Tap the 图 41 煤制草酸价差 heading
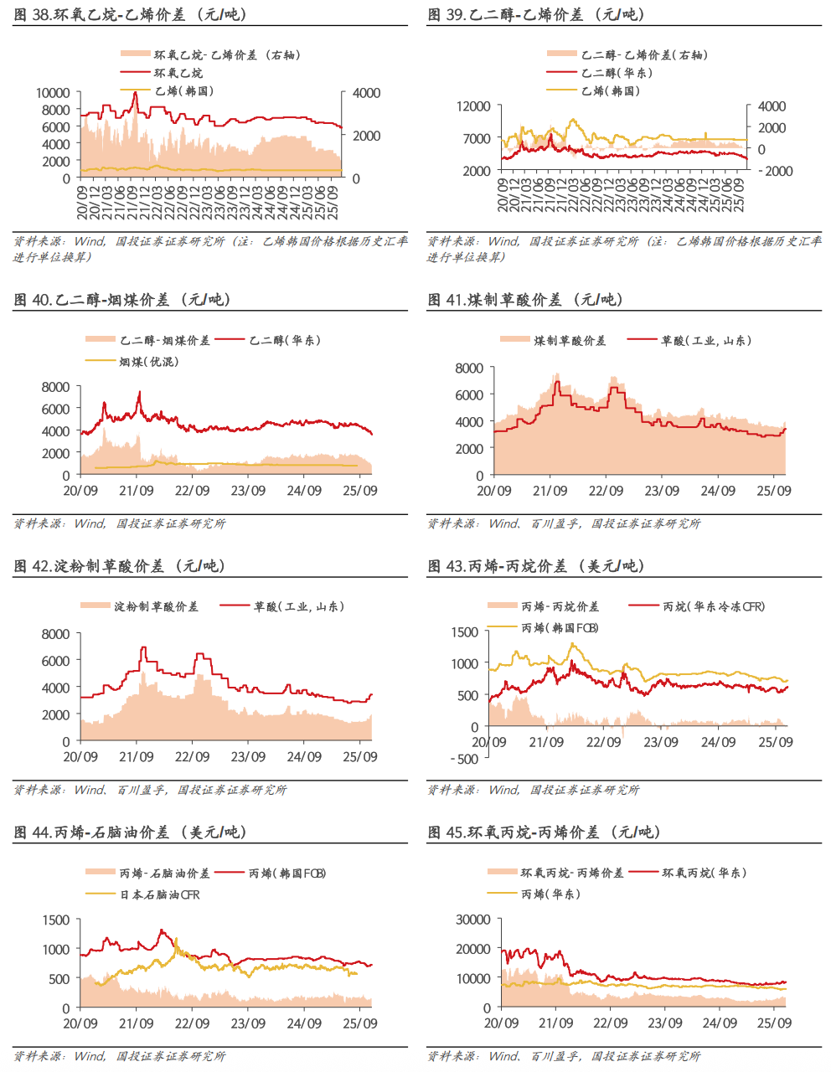click(525, 299)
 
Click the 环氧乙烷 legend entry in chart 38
click(178, 73)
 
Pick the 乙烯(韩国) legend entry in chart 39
click(610, 90)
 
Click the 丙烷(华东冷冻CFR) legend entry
click(713, 606)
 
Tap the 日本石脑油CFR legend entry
click(159, 894)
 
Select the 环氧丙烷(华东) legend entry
click(703, 873)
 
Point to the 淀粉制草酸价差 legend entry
click(156, 606)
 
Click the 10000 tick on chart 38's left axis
click(53, 93)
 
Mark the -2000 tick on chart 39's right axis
click(775, 171)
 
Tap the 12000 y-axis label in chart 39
click(473, 106)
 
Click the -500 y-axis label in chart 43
click(464, 759)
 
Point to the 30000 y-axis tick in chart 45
click(473, 920)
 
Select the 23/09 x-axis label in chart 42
click(248, 756)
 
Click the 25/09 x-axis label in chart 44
click(359, 1023)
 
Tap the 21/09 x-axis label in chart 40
click(136, 491)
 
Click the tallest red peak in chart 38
click(135, 93)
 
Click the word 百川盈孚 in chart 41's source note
click(555, 523)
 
